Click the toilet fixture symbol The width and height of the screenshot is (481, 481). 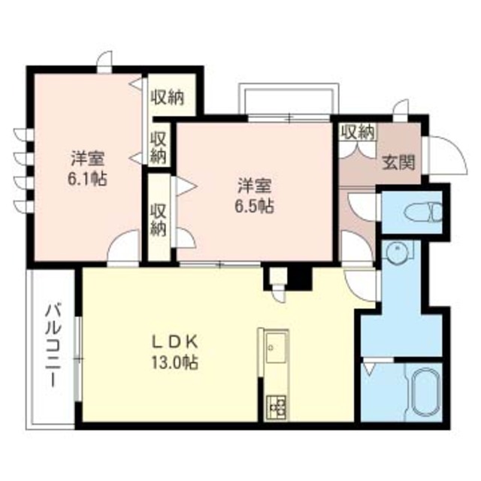[423, 211]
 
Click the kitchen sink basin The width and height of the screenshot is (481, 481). [276, 348]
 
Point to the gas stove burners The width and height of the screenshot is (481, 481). [276, 407]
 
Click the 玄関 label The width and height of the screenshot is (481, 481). [398, 162]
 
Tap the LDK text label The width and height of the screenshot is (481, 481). [175, 343]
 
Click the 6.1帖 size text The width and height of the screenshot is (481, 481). [87, 179]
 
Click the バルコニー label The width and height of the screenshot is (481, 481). [53, 346]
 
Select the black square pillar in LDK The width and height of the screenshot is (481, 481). [300, 279]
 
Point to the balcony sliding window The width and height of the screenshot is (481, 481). [78, 358]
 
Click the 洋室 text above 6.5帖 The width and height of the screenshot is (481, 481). [255, 186]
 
